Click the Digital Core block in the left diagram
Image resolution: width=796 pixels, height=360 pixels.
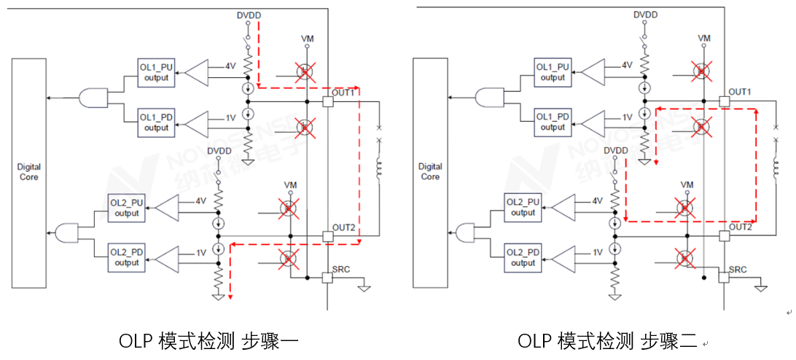[x=29, y=172]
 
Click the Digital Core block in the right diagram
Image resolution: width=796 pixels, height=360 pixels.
[x=430, y=172]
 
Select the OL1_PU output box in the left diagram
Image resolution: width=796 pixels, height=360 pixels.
[x=156, y=72]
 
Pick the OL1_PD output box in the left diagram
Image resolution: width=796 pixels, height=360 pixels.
[x=156, y=122]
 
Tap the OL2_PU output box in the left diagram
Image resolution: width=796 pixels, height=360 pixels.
[x=126, y=208]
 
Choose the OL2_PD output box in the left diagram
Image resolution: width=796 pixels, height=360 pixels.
[x=126, y=257]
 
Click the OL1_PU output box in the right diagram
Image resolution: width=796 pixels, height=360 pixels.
[x=553, y=71]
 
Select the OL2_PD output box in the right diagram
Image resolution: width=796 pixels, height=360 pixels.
[x=523, y=257]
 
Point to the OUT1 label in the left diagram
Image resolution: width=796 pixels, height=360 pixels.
[x=343, y=93]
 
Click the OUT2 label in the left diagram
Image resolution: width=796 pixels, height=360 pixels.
[x=343, y=228]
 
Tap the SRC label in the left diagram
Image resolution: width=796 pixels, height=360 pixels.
[x=340, y=269]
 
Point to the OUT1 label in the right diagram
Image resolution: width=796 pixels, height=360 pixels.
[x=740, y=92]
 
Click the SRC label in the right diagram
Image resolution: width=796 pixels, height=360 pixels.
[x=738, y=269]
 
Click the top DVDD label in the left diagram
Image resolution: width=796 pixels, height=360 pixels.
[x=249, y=15]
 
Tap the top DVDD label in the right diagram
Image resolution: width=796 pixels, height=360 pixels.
[x=645, y=15]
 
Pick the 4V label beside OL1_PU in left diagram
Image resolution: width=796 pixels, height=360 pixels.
[x=230, y=66]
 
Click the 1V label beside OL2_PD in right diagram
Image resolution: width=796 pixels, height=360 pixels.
[x=598, y=252]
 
